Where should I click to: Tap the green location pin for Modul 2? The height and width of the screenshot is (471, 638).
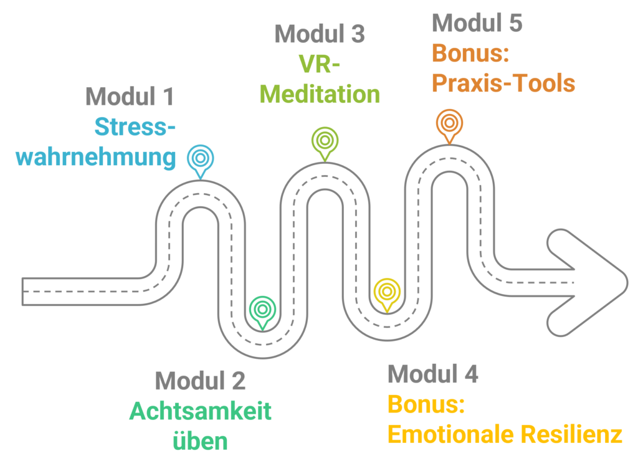tap(261, 308)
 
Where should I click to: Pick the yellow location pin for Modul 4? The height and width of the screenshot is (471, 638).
tap(387, 292)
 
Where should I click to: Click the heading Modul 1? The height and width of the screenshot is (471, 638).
tap(130, 97)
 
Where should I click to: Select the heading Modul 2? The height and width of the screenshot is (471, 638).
tap(200, 381)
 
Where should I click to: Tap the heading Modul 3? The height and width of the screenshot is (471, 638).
tap(320, 34)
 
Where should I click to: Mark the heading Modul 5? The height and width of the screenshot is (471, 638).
tap(477, 23)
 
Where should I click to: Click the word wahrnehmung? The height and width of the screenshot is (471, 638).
tap(96, 157)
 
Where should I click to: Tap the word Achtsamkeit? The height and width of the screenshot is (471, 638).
tap(200, 412)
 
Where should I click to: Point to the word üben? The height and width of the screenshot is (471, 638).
tap(200, 442)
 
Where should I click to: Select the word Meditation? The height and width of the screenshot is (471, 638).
tap(320, 95)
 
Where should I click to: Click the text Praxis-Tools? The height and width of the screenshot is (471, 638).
tap(503, 83)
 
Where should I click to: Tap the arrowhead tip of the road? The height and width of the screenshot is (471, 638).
tap(626, 278)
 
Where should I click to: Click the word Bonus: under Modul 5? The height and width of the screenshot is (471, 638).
tap(471, 54)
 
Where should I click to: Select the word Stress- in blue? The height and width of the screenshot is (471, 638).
tap(135, 127)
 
